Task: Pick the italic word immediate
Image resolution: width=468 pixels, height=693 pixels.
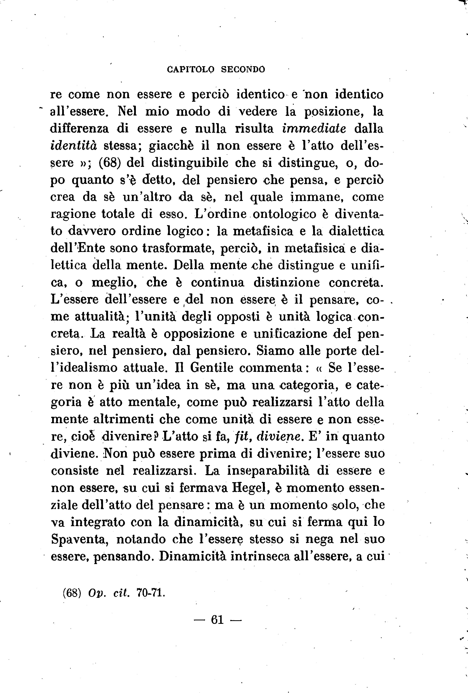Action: pos(314,128)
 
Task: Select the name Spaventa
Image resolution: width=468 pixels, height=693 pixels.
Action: pos(79,539)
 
